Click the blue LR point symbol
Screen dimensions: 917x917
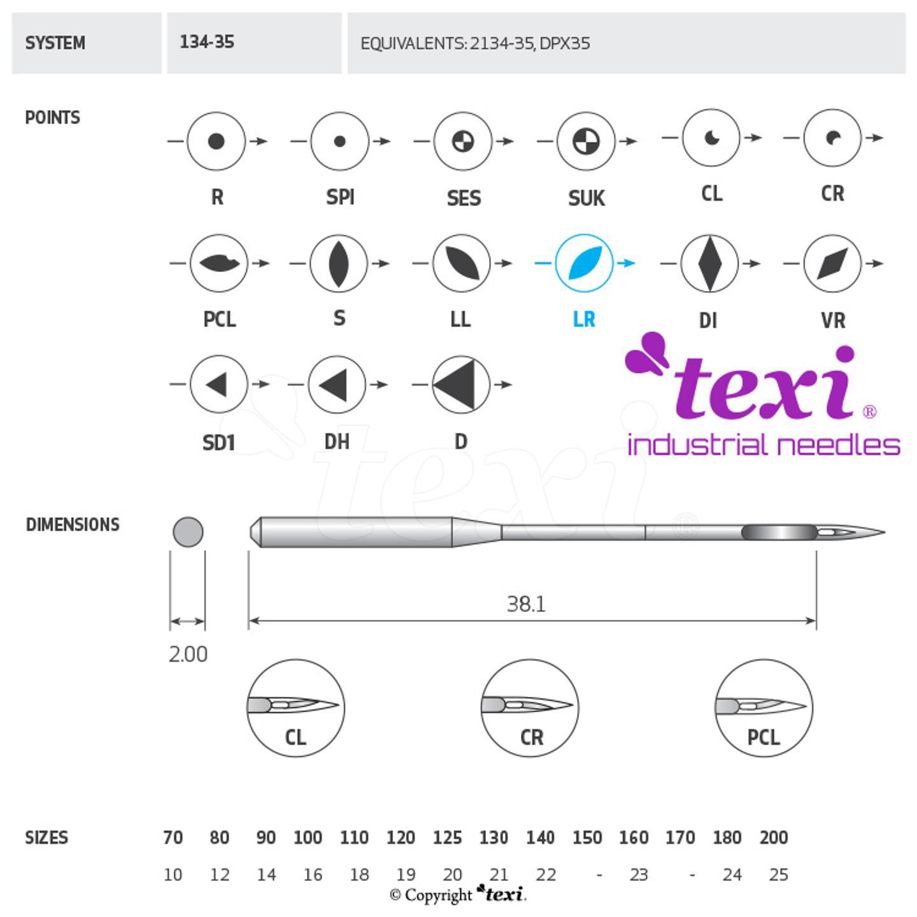click(x=584, y=262)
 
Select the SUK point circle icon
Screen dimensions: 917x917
click(x=585, y=141)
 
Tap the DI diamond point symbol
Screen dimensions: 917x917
click(x=709, y=262)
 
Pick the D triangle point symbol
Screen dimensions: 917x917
click(x=460, y=384)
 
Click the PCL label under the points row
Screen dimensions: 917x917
click(x=219, y=318)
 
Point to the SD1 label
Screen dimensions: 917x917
click(x=218, y=442)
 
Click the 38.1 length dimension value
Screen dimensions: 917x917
click(x=526, y=604)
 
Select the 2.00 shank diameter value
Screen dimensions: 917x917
click(x=188, y=654)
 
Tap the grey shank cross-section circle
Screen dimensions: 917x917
click(x=188, y=532)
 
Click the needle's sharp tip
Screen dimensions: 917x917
click(x=882, y=532)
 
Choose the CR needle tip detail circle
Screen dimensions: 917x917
click(x=530, y=708)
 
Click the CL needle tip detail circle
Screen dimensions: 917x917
click(x=295, y=708)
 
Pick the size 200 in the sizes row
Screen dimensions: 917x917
click(x=774, y=837)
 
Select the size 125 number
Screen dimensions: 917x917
click(x=447, y=837)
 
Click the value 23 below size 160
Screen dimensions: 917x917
click(x=638, y=875)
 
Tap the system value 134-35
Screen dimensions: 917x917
click(x=207, y=43)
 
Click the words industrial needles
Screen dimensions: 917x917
click(x=763, y=444)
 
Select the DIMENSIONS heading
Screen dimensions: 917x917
click(x=73, y=525)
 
